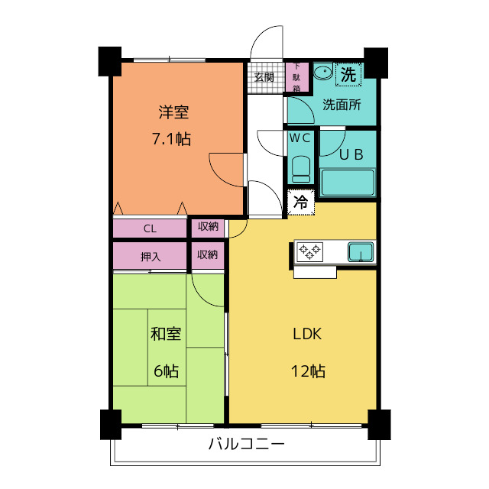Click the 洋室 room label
(x=173, y=112)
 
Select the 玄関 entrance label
(x=264, y=77)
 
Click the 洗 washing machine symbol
(x=348, y=75)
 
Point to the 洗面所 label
(x=341, y=105)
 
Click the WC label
(x=300, y=138)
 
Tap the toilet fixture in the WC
(x=300, y=168)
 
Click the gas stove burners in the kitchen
(x=310, y=251)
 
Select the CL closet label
(x=150, y=228)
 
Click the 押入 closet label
(x=150, y=254)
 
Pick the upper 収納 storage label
(x=207, y=227)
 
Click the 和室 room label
(x=165, y=334)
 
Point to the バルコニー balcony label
(x=246, y=444)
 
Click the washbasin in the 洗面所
(x=323, y=74)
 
